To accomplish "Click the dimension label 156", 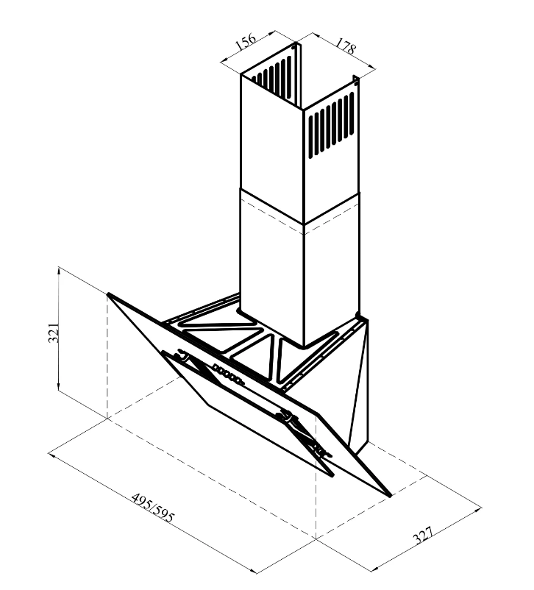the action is [246, 41].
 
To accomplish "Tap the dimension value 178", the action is [345, 46].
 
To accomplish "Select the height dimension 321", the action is [54, 332].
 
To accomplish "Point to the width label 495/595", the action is [153, 507].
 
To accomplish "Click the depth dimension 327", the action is [424, 535].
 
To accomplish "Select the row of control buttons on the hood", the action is [228, 374].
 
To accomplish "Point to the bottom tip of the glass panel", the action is [390, 496].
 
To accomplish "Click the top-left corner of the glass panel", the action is [108, 294].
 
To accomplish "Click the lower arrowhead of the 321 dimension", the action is [58, 388].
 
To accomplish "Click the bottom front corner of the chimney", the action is [303, 346].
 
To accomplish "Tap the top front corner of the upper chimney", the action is [303, 110].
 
